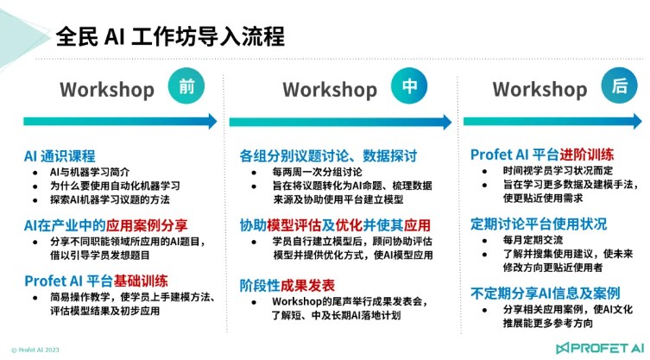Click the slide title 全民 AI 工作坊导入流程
pos(170,36)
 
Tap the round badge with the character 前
pos(186,85)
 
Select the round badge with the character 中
pos(409,85)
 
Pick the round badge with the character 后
pos(619,85)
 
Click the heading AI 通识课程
pos(60,156)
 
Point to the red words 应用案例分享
pos(147,225)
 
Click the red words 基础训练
pos(141,281)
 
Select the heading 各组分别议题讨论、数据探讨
pos(328,156)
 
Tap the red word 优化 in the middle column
pos(349,225)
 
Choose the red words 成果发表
pos(307,286)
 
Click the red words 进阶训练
pos(587,155)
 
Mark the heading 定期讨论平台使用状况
pos(539,224)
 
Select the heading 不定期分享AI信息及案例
pos(546,294)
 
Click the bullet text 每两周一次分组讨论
pos(317,172)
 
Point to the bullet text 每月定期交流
pos(533,240)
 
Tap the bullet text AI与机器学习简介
pos(90,172)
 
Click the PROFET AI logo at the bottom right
pos(601,348)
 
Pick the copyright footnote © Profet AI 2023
pos(35,350)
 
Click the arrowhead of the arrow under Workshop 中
pos(447,122)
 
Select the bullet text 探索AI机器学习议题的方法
pos(110,200)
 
